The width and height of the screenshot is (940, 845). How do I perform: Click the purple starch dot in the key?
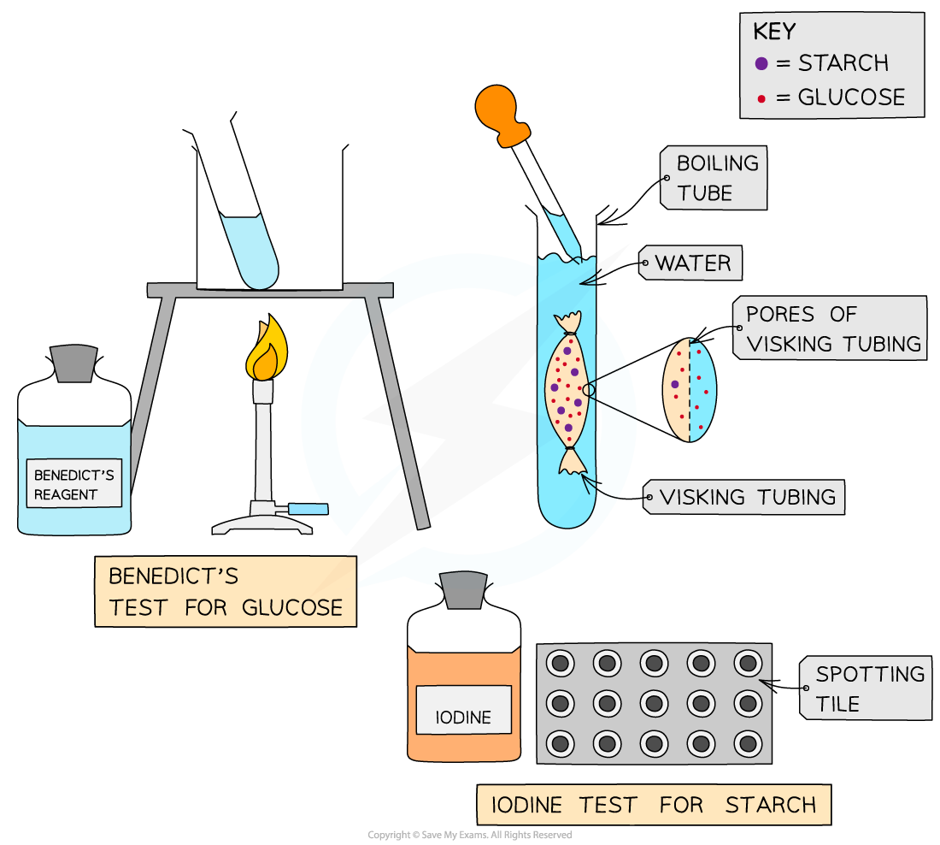pyautogui.click(x=761, y=63)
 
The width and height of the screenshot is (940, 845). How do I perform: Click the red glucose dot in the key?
pyautogui.click(x=761, y=98)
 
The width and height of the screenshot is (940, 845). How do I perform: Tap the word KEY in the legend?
pyautogui.click(x=774, y=32)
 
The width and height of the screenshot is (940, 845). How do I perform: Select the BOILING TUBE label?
pyautogui.click(x=716, y=178)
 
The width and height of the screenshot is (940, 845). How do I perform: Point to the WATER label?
pyautogui.click(x=693, y=263)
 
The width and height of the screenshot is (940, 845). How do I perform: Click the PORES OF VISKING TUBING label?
pyautogui.click(x=832, y=328)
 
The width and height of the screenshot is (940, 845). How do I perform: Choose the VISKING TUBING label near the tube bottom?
pyautogui.click(x=747, y=497)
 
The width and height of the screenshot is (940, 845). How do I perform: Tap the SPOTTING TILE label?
pyautogui.click(x=869, y=688)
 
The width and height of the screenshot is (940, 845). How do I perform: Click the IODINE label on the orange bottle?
pyautogui.click(x=463, y=718)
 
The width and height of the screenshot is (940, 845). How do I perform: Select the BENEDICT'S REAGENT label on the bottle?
pyautogui.click(x=74, y=484)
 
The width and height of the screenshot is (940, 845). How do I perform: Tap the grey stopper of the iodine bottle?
pyautogui.click(x=464, y=590)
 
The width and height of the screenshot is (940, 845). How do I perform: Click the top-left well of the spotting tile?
pyautogui.click(x=561, y=663)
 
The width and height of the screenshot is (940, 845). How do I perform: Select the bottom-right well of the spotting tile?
pyautogui.click(x=748, y=742)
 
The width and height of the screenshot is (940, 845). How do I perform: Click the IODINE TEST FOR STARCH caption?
pyautogui.click(x=654, y=805)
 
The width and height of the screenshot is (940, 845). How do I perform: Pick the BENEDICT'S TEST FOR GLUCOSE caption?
pyautogui.click(x=226, y=592)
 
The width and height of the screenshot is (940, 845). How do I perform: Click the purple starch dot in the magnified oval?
pyautogui.click(x=674, y=384)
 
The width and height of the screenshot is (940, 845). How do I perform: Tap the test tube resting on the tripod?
pyautogui.click(x=250, y=250)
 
